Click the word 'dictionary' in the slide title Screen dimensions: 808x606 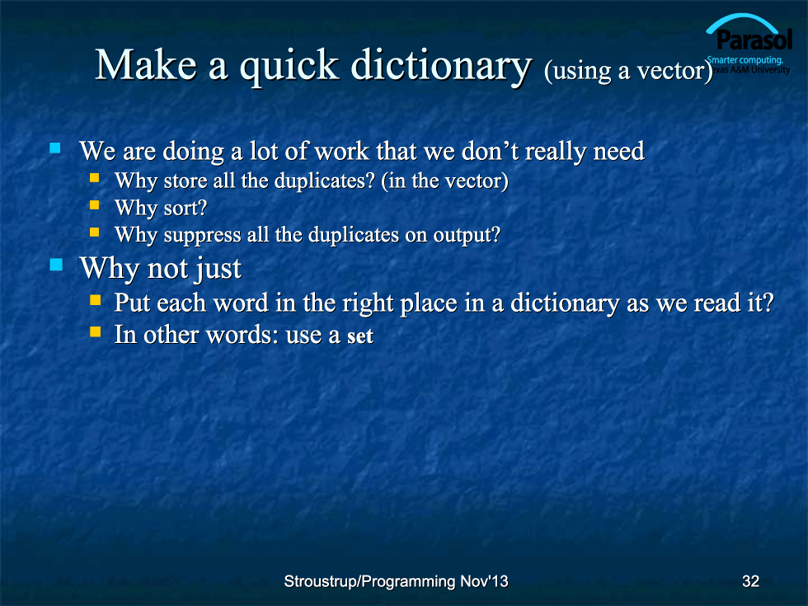click(x=441, y=67)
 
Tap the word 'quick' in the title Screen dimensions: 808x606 click(x=289, y=67)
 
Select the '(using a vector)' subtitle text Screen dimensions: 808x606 click(x=628, y=71)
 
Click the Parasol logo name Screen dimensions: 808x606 click(x=754, y=40)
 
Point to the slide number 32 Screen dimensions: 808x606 click(x=751, y=581)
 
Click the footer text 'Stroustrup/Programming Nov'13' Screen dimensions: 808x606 click(x=397, y=581)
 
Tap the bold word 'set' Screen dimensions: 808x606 click(x=360, y=336)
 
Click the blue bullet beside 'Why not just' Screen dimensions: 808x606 click(x=56, y=265)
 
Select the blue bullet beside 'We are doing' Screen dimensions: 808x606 click(x=55, y=148)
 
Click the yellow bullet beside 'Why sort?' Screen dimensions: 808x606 click(x=94, y=205)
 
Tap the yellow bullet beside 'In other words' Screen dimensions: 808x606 click(x=96, y=331)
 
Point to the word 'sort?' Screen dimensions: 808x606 click(x=186, y=208)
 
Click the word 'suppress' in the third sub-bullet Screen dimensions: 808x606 click(x=203, y=236)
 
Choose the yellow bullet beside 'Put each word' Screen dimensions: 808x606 click(x=96, y=299)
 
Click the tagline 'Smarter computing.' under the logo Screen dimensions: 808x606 click(x=745, y=59)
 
